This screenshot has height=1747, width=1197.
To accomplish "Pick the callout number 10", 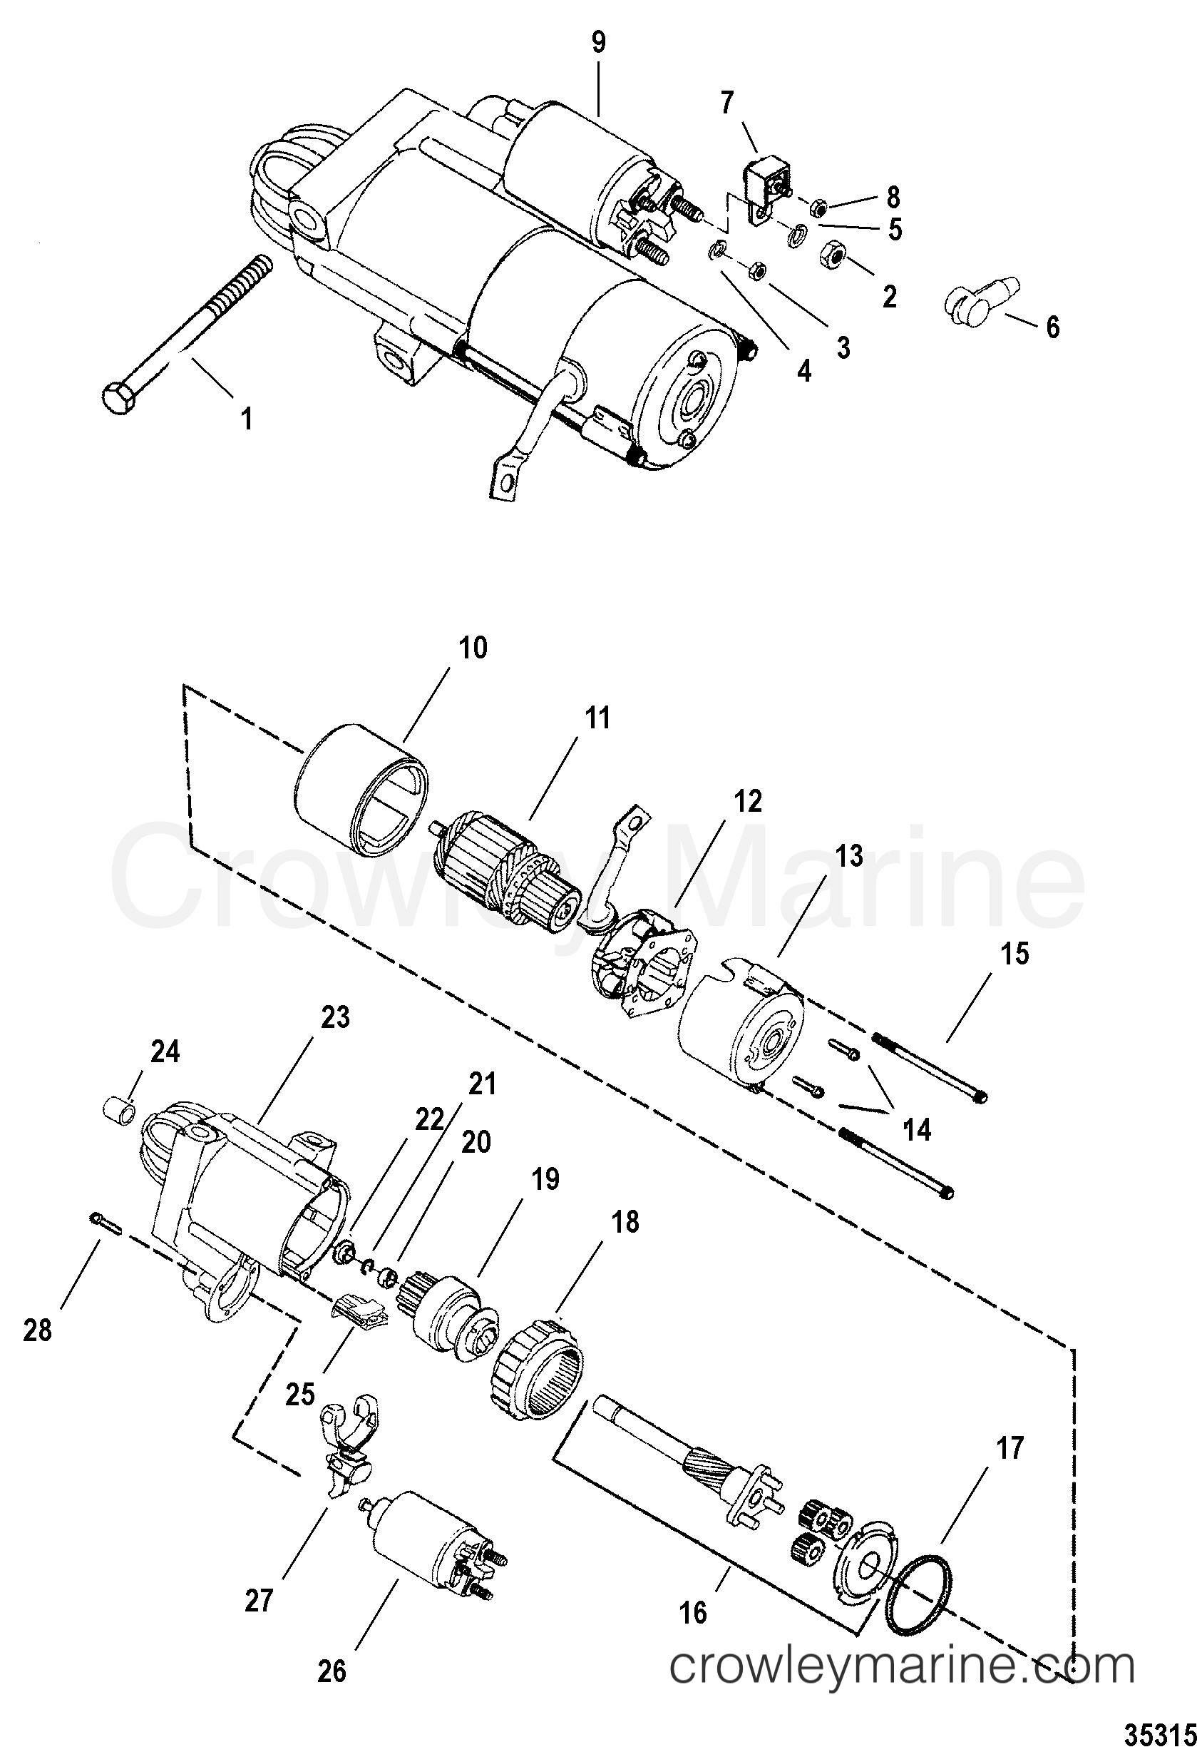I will pos(473,647).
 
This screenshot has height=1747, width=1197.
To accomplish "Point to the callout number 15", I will pos(1014,954).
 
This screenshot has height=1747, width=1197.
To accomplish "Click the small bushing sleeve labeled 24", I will pos(120,1109).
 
